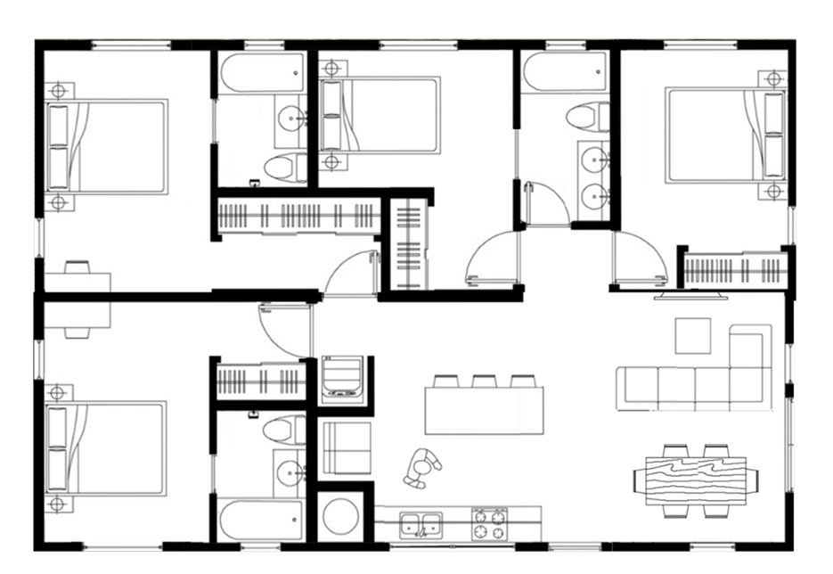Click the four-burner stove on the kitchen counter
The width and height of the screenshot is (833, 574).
click(489, 522)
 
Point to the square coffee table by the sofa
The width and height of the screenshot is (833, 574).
click(693, 336)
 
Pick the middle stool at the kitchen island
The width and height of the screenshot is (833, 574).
click(485, 381)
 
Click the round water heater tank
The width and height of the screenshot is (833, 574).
click(339, 514)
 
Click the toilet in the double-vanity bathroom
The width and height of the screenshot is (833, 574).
click(589, 116)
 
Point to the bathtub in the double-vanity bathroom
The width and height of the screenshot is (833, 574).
click(565, 72)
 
